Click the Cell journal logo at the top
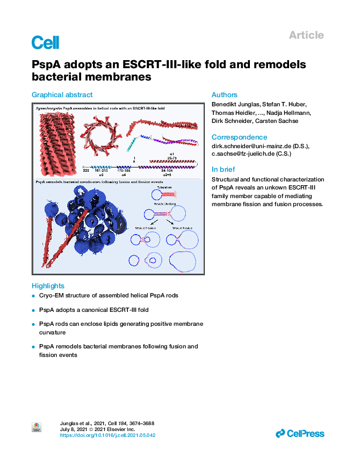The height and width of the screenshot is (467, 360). click(x=45, y=43)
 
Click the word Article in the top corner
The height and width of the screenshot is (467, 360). click(x=306, y=35)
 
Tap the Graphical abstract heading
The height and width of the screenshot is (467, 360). click(x=62, y=95)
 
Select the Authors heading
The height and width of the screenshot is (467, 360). click(x=224, y=95)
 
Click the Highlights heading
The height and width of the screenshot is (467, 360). click(x=48, y=286)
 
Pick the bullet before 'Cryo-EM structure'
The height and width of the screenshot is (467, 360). click(x=34, y=296)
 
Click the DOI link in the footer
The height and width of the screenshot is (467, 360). click(x=107, y=435)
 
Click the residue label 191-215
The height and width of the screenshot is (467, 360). click(x=101, y=170)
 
